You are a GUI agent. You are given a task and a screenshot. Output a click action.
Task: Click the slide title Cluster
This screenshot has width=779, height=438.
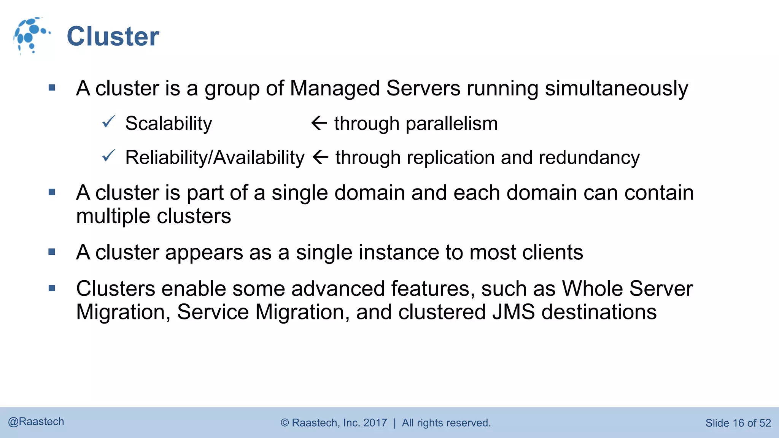(x=113, y=36)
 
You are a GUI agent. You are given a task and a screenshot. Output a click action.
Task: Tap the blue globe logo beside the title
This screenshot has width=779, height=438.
(x=30, y=35)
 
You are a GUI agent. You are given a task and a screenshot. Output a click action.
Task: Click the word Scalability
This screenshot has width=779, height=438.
(x=169, y=124)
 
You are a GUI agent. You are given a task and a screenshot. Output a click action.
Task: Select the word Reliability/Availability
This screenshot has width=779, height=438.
(x=215, y=157)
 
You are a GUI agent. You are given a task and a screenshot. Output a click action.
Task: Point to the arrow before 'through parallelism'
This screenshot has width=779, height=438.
(x=319, y=123)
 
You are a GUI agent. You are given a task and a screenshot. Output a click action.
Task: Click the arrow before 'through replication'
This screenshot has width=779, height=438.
(x=320, y=157)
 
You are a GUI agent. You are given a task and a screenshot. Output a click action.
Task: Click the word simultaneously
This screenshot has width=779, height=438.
(x=616, y=89)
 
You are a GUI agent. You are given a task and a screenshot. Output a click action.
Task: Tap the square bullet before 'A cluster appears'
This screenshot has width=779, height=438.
(x=52, y=252)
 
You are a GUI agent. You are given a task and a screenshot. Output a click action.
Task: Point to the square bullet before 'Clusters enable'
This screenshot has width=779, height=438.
(x=52, y=288)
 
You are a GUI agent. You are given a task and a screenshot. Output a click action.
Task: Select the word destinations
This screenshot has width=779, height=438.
(x=599, y=312)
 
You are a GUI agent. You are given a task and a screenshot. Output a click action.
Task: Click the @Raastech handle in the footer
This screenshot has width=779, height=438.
(x=36, y=422)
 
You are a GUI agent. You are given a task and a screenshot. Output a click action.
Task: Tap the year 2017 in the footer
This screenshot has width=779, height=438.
(x=375, y=423)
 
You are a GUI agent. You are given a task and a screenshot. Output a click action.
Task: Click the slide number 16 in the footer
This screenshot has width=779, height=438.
(x=738, y=423)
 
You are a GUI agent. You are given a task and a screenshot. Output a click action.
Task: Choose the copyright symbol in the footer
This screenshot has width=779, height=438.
(x=285, y=423)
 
